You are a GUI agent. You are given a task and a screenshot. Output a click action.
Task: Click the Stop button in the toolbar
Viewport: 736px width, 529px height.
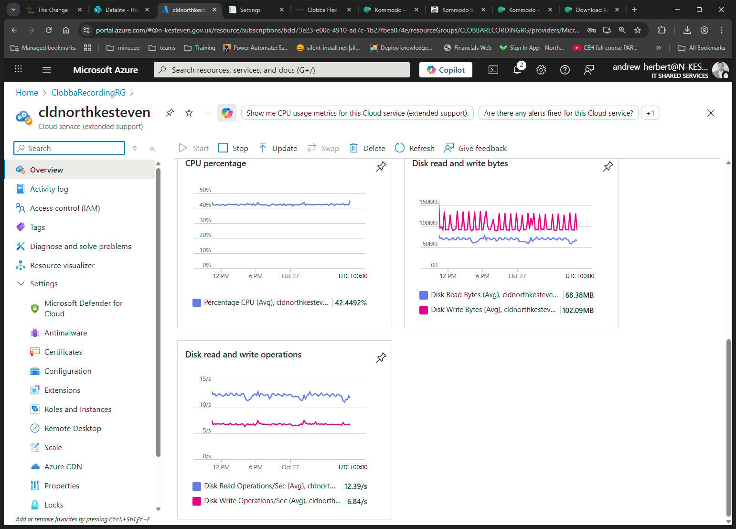(233, 148)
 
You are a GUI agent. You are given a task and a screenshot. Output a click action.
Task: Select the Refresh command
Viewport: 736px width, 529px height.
(415, 148)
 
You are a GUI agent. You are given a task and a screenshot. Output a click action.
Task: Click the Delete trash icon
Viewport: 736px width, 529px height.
(353, 148)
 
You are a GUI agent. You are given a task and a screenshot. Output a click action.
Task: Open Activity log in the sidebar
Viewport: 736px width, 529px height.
(49, 189)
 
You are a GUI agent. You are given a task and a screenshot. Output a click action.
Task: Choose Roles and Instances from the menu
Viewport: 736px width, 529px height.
(78, 410)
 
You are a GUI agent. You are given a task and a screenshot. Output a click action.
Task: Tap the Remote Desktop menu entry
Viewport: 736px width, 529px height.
(73, 428)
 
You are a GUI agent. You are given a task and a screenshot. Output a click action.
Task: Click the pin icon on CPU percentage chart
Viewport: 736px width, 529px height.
(381, 166)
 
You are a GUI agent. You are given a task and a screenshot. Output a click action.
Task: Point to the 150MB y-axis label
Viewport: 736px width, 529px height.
(428, 202)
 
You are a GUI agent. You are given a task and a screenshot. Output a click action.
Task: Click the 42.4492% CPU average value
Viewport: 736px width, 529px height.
(351, 302)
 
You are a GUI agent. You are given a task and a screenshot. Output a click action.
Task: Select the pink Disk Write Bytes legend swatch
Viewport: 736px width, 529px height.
(424, 310)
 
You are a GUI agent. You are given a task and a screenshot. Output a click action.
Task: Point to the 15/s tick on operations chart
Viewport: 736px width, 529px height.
(205, 379)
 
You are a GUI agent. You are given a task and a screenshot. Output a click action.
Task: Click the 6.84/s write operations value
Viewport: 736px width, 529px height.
(357, 501)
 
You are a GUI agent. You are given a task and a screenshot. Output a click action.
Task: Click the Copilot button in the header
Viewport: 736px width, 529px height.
(446, 70)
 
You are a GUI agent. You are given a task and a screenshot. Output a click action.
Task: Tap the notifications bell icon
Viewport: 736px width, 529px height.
(518, 69)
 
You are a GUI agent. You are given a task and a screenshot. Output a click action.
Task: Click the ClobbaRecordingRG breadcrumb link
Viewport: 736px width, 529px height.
(88, 93)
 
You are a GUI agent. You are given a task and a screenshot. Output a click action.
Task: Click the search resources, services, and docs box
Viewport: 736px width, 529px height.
(282, 70)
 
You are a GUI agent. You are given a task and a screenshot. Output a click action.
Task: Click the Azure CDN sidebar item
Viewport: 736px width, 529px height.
(63, 466)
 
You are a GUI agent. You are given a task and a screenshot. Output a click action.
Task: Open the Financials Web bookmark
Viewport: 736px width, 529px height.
(468, 48)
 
